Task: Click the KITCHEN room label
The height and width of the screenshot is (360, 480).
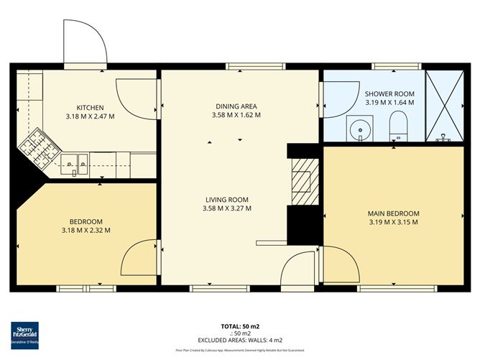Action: point(90,107)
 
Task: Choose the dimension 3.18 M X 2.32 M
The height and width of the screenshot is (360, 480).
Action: point(86,230)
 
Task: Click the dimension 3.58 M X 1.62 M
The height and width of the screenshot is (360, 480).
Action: point(236,115)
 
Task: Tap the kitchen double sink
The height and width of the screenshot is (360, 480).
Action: point(75,164)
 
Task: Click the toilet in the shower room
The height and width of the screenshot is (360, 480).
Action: point(397,129)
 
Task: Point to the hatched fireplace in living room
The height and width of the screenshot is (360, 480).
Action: point(302,183)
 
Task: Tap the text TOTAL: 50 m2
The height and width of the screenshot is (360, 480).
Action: point(239,326)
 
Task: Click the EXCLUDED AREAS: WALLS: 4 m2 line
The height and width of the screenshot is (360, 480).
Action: point(239,339)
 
